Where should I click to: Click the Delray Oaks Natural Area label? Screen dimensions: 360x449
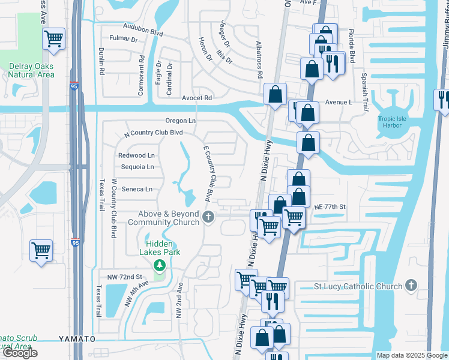pos(31,70)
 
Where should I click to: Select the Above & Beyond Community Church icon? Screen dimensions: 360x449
pos(208,217)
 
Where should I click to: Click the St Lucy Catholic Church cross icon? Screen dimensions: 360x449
pos(411,286)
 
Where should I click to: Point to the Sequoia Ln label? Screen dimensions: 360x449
pos(137,167)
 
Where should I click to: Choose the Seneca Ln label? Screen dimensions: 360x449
pos(136,189)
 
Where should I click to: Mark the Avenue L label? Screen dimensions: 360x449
pos(338,102)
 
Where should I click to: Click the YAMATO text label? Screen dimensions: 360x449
pos(77,339)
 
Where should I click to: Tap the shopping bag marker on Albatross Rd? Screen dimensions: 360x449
pos(274,94)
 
